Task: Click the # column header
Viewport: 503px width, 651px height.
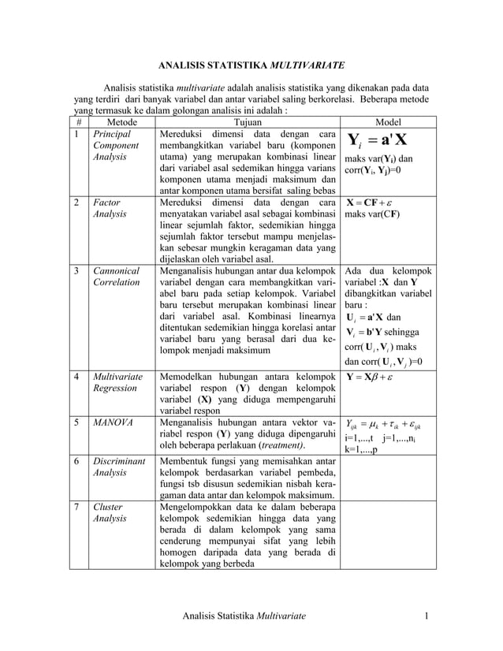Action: point(78,122)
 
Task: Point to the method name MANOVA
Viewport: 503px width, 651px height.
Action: point(110,423)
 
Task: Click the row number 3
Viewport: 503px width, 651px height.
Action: point(77,270)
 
